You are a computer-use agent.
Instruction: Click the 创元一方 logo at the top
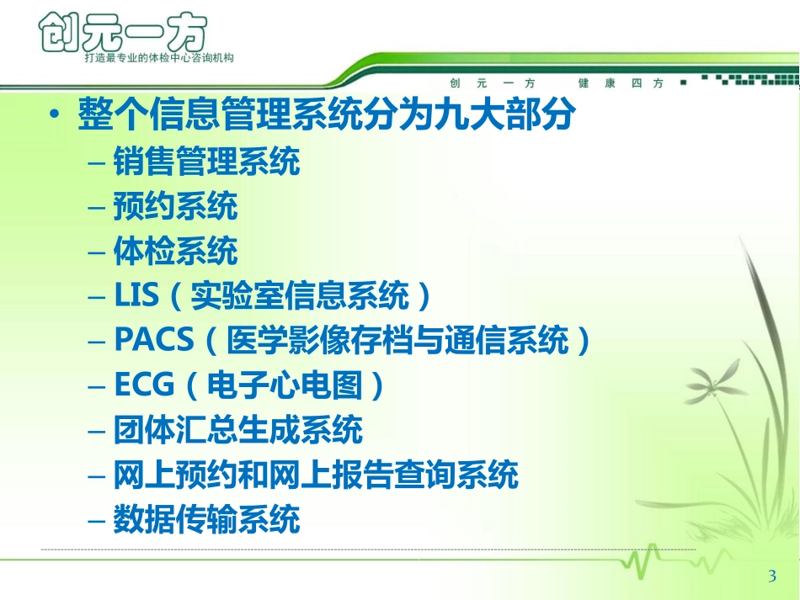pyautogui.click(x=123, y=33)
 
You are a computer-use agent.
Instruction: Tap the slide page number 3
pyautogui.click(x=772, y=576)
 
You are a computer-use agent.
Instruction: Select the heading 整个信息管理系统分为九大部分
pyautogui.click(x=327, y=113)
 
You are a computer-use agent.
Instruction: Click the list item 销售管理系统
pyautogui.click(x=206, y=162)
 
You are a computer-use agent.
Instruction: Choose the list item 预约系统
pyautogui.click(x=175, y=206)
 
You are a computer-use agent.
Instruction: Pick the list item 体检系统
pyautogui.click(x=175, y=251)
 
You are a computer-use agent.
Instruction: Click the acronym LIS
pyautogui.click(x=136, y=295)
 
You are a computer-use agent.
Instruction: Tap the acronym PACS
pyautogui.click(x=154, y=339)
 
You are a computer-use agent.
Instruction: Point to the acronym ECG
pyautogui.click(x=144, y=385)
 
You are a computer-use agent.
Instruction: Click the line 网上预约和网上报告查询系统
pyautogui.click(x=316, y=475)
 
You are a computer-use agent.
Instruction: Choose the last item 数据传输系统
pyautogui.click(x=206, y=519)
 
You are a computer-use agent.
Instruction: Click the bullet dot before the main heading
pyautogui.click(x=55, y=114)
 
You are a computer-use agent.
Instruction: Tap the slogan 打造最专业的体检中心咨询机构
pyautogui.click(x=159, y=58)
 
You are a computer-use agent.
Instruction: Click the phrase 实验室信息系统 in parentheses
pyautogui.click(x=300, y=295)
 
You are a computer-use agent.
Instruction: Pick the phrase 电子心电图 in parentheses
pyautogui.click(x=285, y=385)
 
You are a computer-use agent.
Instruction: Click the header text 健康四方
pyautogui.click(x=621, y=83)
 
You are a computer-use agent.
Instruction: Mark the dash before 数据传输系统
pyautogui.click(x=97, y=522)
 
